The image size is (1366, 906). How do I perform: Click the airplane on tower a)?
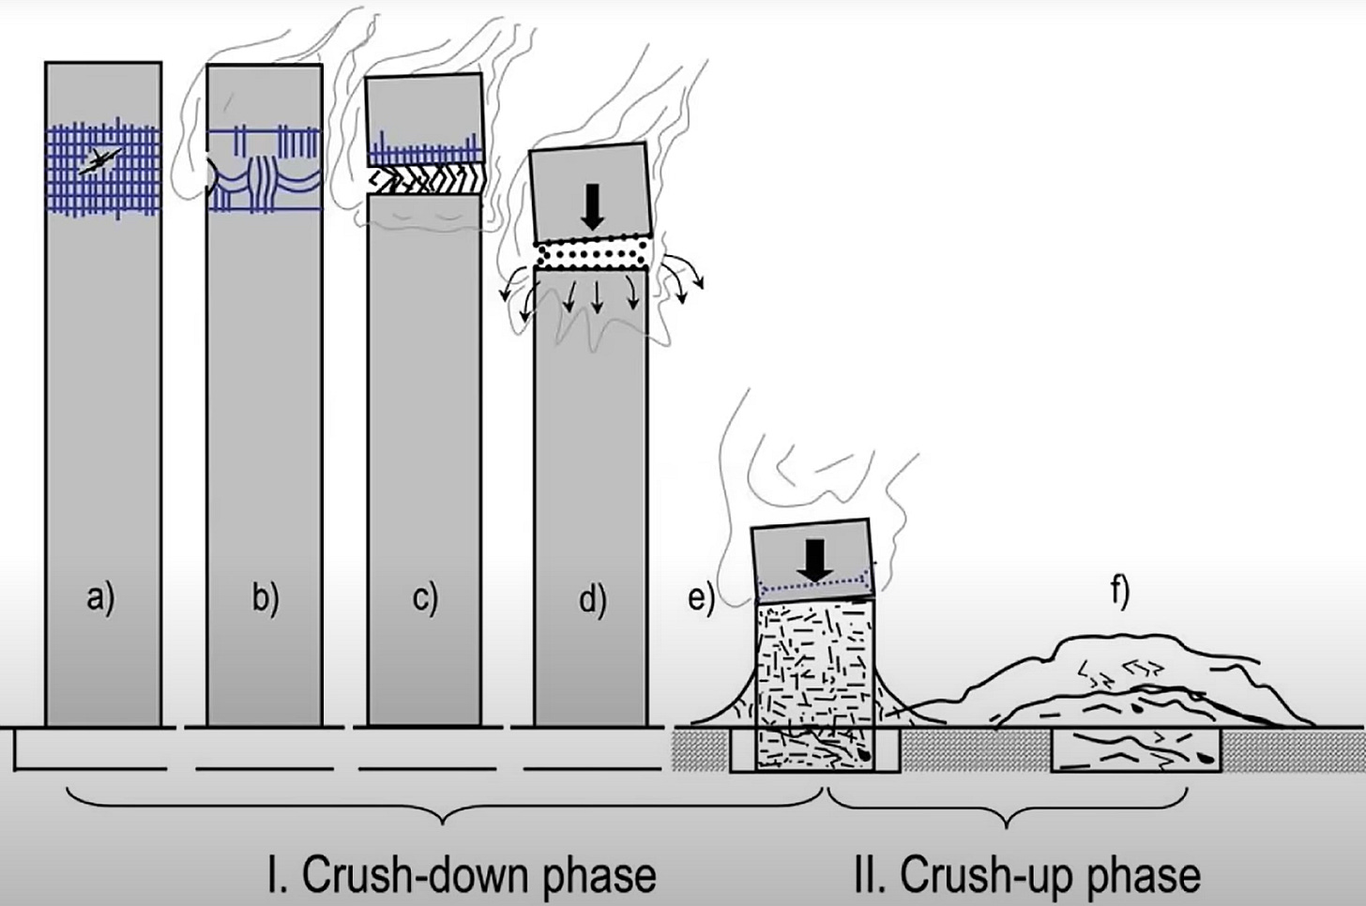97,163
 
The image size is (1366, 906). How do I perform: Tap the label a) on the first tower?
101,597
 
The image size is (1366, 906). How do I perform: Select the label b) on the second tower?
266,597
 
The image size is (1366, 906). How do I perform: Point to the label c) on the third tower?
426,597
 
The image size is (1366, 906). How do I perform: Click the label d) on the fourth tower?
592,598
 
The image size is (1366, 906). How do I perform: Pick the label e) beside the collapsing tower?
701,596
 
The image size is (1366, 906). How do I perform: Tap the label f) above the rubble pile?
1119,594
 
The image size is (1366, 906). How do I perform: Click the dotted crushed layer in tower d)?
592,253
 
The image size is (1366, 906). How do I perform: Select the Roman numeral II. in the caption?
870,874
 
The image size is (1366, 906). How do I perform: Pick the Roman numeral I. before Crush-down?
279,874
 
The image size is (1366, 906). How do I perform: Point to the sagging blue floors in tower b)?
266,183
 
